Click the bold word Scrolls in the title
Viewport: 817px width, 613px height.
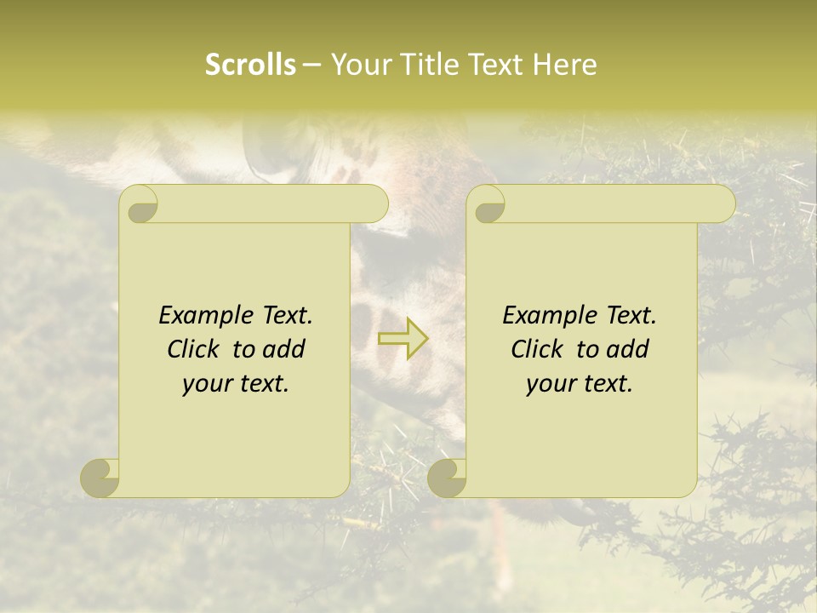click(x=251, y=65)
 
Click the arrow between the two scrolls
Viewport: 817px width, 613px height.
click(x=403, y=338)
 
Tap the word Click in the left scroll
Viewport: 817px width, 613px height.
click(x=196, y=349)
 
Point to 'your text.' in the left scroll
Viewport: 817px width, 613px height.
click(x=236, y=383)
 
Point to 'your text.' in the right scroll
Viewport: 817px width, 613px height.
click(x=580, y=383)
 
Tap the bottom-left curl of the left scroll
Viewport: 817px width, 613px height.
click(x=100, y=478)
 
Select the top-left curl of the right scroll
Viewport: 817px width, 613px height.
click(x=487, y=205)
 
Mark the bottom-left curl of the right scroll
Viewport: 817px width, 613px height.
click(x=447, y=478)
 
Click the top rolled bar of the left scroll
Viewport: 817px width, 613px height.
click(x=272, y=203)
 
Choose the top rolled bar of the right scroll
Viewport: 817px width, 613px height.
click(x=620, y=203)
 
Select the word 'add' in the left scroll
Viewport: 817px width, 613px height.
click(x=285, y=349)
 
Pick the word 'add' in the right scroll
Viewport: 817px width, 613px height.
click(x=629, y=349)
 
